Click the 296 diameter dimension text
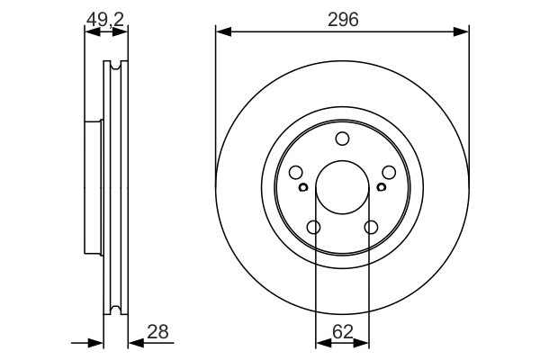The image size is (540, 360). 342,19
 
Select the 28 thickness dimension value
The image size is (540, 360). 158,332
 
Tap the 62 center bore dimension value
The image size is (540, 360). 342,332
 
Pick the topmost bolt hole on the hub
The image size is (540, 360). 342,138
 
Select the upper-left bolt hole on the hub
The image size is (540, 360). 294,173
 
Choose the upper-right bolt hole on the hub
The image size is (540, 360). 389,173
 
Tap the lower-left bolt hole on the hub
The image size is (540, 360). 313,228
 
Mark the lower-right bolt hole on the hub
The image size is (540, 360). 371,228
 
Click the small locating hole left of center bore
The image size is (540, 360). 303,187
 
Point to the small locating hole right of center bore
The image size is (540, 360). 381,187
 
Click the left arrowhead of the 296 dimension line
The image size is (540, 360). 222,33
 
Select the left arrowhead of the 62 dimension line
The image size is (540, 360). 321,343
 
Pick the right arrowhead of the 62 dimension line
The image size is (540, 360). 364,343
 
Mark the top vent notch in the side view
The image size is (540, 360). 114,65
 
